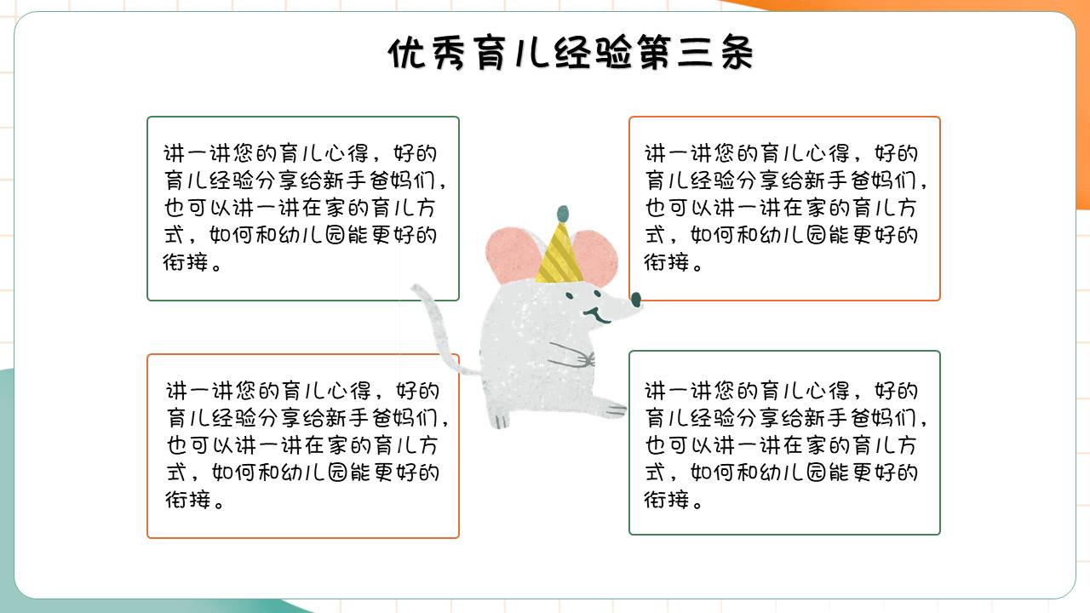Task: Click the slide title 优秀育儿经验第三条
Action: pyautogui.click(x=571, y=54)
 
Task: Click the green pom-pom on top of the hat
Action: pyautogui.click(x=561, y=212)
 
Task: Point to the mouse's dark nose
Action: pyautogui.click(x=635, y=298)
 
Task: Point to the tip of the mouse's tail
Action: pyautogui.click(x=415, y=289)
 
